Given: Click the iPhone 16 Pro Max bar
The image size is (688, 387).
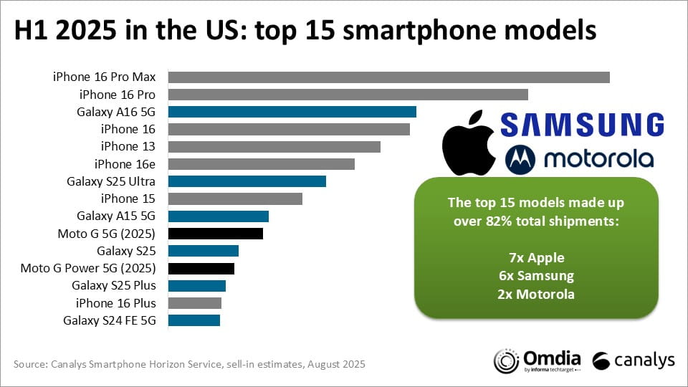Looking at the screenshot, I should tap(388, 77).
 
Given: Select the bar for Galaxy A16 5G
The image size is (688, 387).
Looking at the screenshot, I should tap(292, 112).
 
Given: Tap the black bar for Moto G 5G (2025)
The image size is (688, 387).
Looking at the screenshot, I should tap(215, 234).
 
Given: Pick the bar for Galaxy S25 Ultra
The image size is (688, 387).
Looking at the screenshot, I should tap(247, 181).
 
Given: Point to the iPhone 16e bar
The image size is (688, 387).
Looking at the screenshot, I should tap(261, 164).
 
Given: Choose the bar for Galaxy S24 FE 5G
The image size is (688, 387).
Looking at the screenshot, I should tap(193, 320).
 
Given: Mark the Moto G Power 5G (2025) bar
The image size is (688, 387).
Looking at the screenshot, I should tap(201, 269).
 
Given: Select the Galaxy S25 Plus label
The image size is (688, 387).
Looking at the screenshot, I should tap(114, 286).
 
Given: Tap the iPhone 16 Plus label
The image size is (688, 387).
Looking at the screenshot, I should tap(115, 303).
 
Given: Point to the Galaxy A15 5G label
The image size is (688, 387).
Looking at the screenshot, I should tap(116, 216).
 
